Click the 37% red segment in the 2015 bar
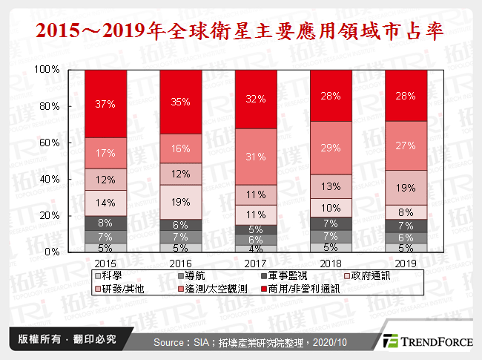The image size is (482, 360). coord(105,104)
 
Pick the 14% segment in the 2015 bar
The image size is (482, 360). coord(105,203)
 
